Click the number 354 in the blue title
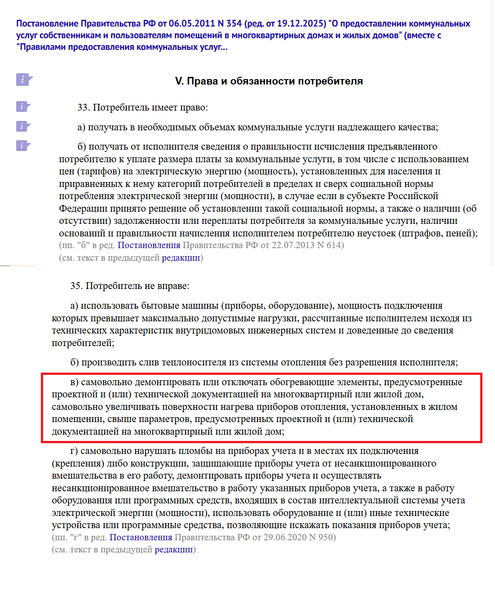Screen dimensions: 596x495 click(234, 23)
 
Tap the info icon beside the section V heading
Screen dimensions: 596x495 click(24, 80)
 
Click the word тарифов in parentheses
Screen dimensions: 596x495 click(97, 171)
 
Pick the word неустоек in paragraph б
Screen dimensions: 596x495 click(375, 233)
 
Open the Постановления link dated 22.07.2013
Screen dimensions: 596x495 click(149, 245)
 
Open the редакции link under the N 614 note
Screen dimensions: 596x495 click(181, 258)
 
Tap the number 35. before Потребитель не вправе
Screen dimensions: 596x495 click(76, 286)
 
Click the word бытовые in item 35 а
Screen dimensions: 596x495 click(158, 306)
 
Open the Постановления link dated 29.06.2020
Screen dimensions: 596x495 click(141, 537)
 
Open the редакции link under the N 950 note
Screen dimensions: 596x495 click(173, 549)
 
